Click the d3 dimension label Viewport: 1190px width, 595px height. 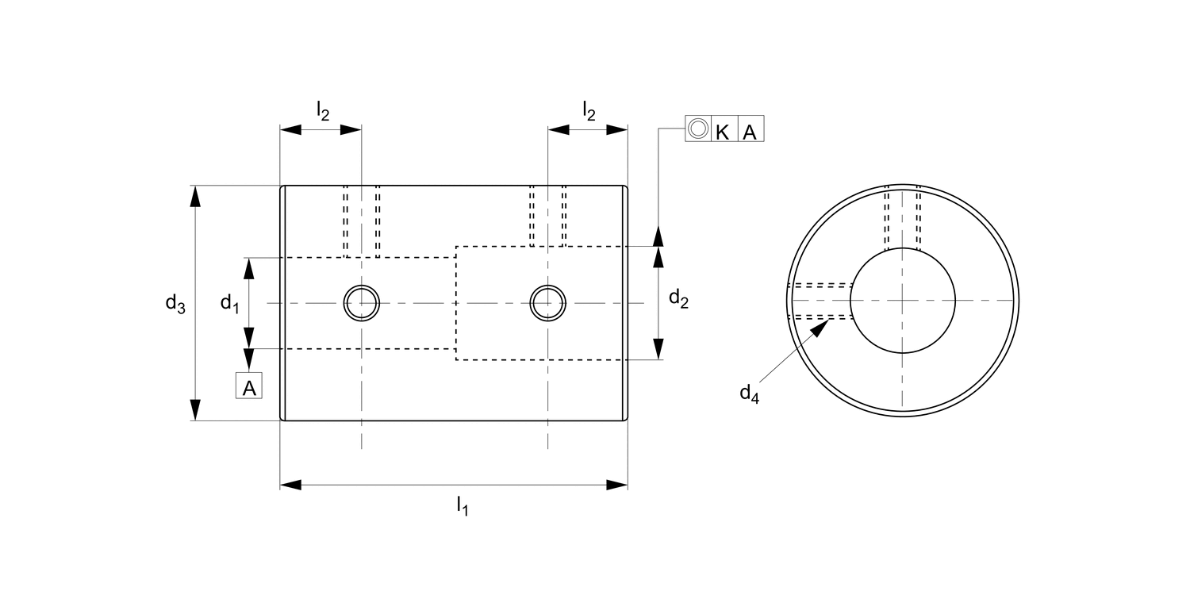tap(175, 303)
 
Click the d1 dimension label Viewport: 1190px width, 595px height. tap(229, 303)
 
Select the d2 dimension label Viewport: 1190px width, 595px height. tap(678, 299)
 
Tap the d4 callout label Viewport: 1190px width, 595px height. tap(749, 393)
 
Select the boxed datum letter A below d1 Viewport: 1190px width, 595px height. tap(248, 387)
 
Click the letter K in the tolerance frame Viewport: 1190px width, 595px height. tap(723, 131)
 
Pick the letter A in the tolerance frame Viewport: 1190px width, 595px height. tap(750, 131)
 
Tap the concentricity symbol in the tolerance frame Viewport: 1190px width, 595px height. tap(697, 129)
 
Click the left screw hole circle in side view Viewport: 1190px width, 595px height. tap(362, 302)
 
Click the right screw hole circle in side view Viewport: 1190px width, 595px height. tap(548, 302)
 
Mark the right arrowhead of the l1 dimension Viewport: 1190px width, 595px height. tap(617, 484)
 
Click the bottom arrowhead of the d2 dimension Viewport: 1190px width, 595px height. tap(658, 349)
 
